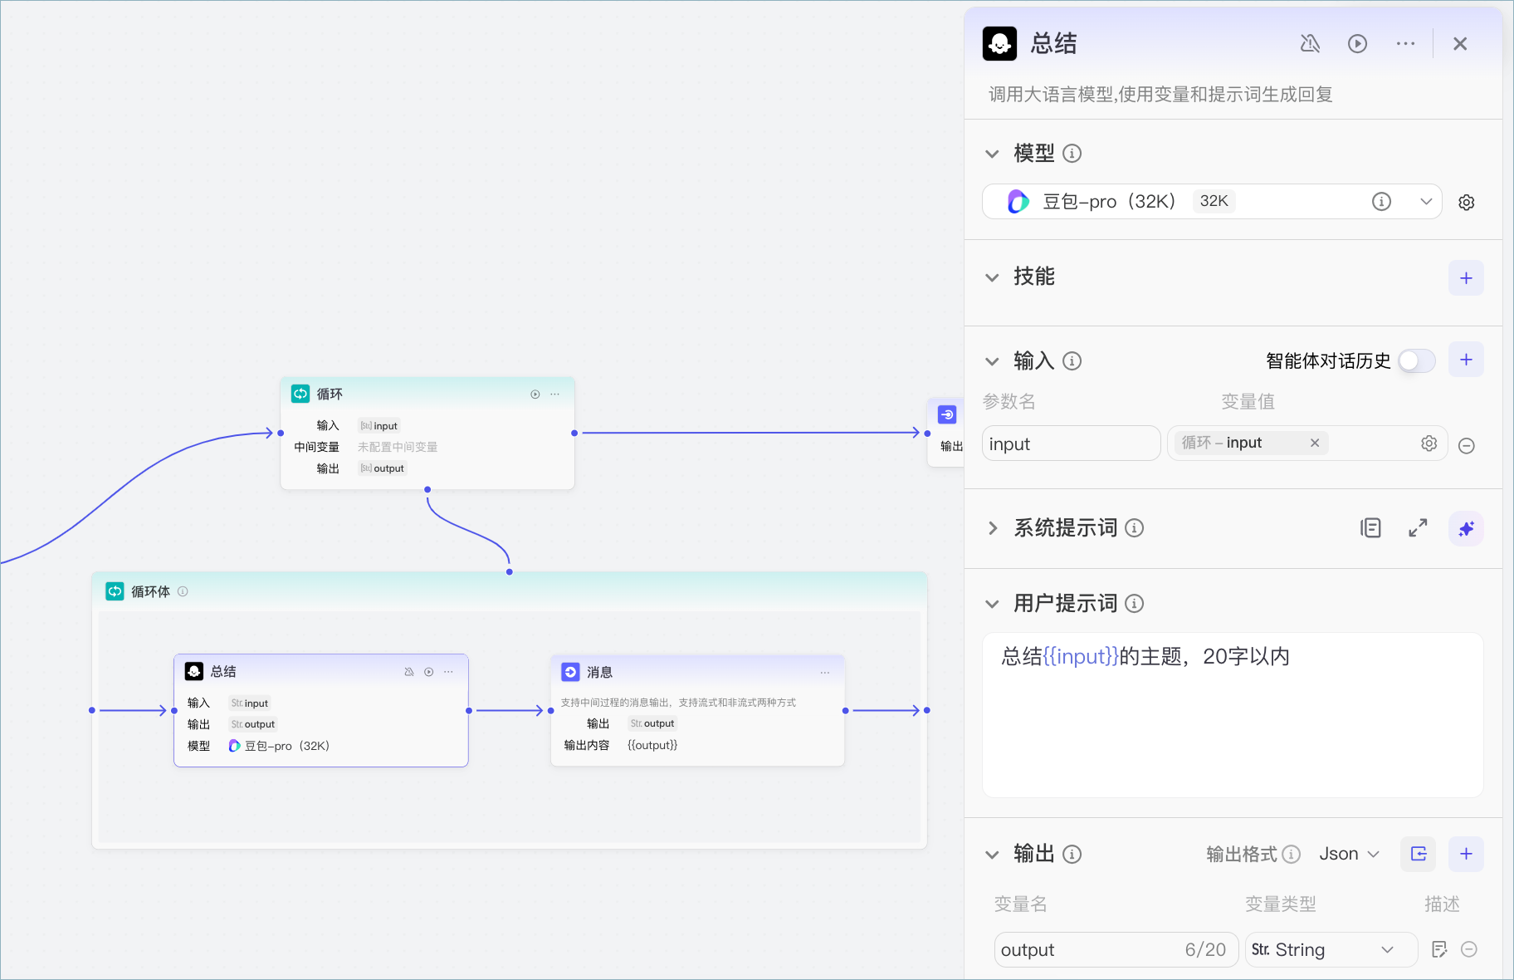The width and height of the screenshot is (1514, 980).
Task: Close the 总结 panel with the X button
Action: (x=1460, y=44)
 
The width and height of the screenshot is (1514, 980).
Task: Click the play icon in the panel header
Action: (x=1357, y=44)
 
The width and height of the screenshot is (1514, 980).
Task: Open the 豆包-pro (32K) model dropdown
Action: (x=1212, y=201)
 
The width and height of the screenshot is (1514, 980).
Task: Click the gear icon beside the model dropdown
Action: (x=1467, y=202)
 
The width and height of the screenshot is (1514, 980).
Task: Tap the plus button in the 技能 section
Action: (x=1466, y=277)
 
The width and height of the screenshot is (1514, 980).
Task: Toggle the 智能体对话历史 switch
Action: (x=1417, y=360)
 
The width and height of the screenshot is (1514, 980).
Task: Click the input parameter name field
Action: (x=1071, y=443)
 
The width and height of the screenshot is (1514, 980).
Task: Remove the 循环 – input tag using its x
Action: (x=1315, y=443)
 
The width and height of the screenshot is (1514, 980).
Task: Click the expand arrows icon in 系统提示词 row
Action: (x=1418, y=527)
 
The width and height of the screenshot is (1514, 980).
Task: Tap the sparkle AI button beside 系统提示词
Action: (x=1466, y=528)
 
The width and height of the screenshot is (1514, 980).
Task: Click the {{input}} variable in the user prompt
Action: (x=1081, y=656)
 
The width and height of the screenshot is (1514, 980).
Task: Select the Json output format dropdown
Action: (x=1349, y=854)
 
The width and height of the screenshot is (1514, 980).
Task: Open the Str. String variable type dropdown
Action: (x=1331, y=949)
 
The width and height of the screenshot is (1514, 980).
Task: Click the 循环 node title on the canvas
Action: (x=330, y=394)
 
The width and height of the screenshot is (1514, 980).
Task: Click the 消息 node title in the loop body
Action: (x=599, y=672)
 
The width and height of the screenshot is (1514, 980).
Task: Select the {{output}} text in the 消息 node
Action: (x=652, y=745)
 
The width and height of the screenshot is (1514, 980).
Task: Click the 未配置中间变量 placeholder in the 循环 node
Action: (x=398, y=447)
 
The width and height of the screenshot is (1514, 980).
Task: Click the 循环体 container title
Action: (x=150, y=591)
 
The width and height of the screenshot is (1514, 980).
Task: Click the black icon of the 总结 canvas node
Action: (x=194, y=671)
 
